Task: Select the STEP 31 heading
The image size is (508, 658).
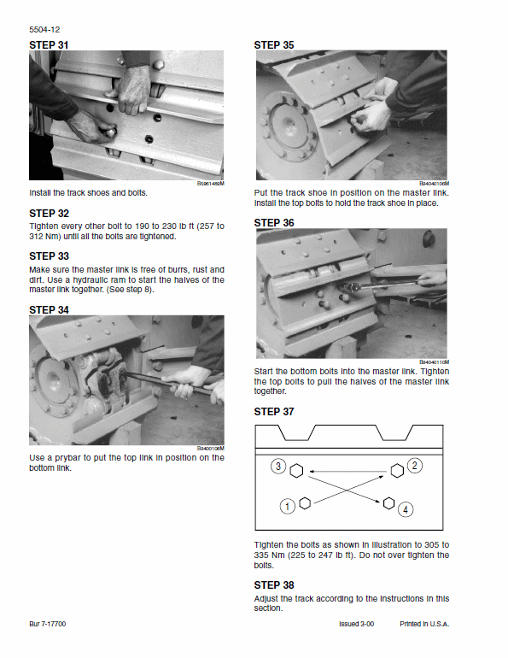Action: point(49,44)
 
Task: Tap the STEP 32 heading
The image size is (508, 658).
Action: point(49,213)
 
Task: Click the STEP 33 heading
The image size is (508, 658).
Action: point(49,256)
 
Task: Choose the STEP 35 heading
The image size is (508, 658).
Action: point(274,44)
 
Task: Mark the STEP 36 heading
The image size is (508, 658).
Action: point(274,222)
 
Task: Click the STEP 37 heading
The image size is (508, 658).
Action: point(274,411)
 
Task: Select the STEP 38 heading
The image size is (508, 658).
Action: point(274,585)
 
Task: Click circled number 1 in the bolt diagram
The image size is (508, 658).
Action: point(288,506)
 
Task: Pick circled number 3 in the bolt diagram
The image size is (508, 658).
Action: point(278,467)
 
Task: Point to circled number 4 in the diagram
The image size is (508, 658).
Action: point(406,508)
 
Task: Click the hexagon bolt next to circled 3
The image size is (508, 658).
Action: point(297,470)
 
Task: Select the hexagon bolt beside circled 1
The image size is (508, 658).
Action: point(305,502)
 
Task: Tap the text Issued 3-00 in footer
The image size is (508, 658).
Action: point(357,625)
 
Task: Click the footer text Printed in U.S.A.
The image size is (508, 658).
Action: point(424,625)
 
